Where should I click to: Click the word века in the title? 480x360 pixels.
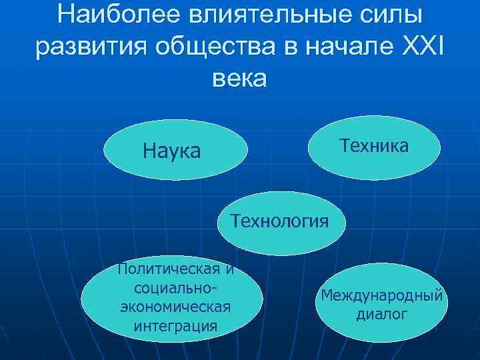(x=239, y=78)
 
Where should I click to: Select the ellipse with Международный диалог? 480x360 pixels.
(x=381, y=304)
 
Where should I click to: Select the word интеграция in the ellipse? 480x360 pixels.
(x=175, y=326)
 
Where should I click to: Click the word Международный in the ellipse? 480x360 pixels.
(x=381, y=295)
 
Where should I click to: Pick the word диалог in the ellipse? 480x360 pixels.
(x=381, y=313)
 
